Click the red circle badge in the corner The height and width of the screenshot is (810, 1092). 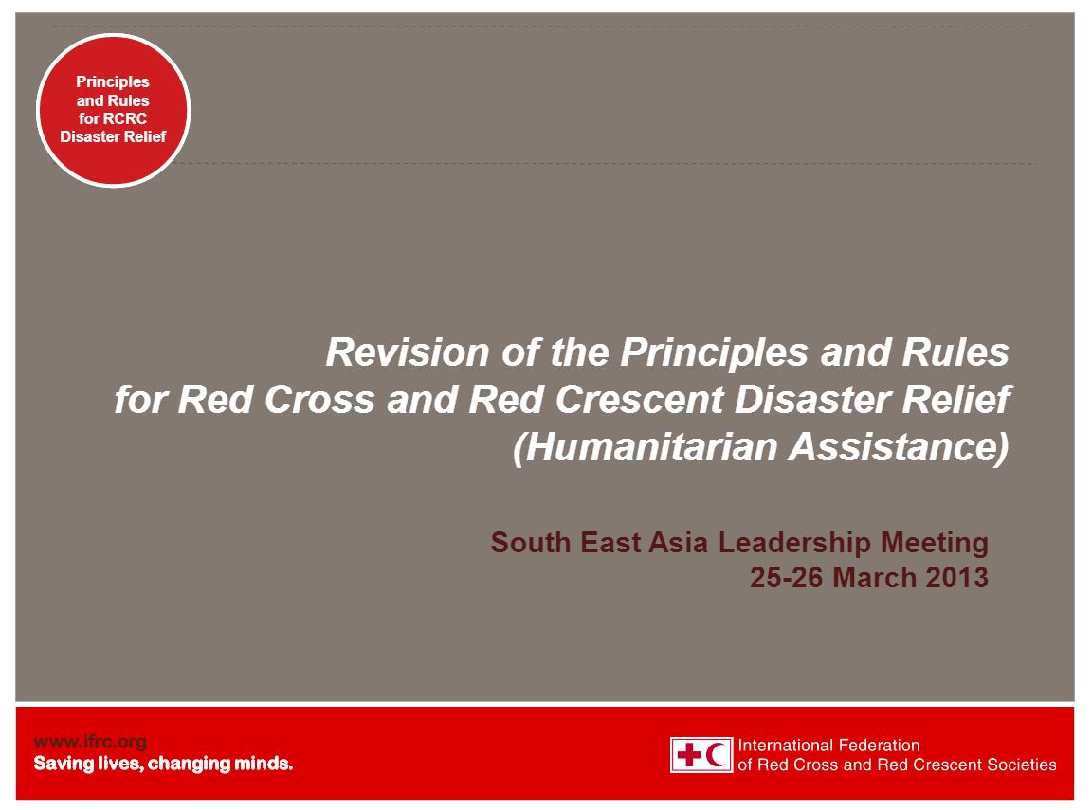[114, 110]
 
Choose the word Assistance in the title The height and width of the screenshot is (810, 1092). [900, 447]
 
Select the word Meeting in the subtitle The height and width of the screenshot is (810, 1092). [936, 543]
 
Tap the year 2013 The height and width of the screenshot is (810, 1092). [958, 577]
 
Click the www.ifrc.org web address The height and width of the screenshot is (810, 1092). [90, 743]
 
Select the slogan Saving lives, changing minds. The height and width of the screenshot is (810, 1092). [163, 764]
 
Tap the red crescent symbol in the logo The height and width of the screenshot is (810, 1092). [718, 755]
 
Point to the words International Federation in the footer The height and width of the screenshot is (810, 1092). [828, 746]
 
